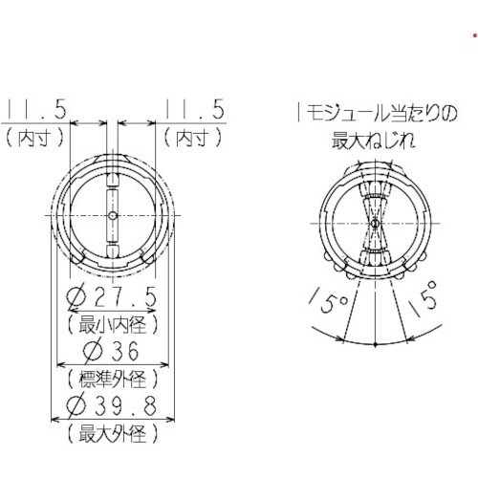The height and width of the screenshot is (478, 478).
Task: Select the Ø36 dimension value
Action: click(x=114, y=350)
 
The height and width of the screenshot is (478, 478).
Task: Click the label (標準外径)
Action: click(x=114, y=379)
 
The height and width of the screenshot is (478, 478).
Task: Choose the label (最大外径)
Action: click(x=114, y=436)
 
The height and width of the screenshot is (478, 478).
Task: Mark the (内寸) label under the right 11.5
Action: click(x=195, y=137)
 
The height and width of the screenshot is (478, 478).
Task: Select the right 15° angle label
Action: click(x=427, y=306)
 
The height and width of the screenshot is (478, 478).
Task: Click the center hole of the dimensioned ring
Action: click(x=114, y=215)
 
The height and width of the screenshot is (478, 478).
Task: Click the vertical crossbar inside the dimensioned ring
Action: click(x=114, y=191)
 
